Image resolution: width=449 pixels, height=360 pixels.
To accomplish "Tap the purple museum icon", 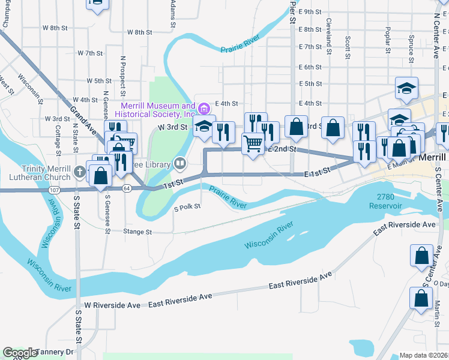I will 205,109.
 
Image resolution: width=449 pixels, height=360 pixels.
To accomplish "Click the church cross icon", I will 79,173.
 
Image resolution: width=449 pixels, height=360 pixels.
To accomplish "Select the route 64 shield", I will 126,188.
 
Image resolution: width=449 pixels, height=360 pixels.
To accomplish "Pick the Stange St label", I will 137,231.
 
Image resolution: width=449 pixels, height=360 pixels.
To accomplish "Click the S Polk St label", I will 187,208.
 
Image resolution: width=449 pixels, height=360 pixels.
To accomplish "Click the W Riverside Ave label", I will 112,305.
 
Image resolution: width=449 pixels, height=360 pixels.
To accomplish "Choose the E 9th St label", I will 310,11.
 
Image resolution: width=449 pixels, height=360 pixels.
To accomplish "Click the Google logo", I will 19,353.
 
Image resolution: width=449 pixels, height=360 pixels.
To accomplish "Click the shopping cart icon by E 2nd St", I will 253,144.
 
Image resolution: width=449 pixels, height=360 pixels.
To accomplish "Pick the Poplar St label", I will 388,38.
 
